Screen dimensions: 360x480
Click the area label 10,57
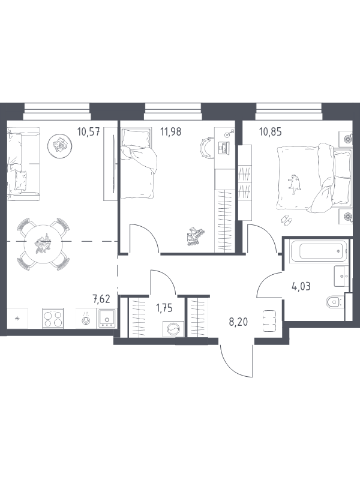pyautogui.click(x=89, y=132)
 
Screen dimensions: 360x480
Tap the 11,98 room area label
pyautogui.click(x=171, y=132)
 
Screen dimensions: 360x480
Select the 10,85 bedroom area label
pyautogui.click(x=271, y=132)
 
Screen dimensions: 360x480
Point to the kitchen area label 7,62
pyautogui.click(x=101, y=298)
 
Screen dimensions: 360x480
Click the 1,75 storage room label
pyautogui.click(x=164, y=308)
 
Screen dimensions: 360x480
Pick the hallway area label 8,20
pyautogui.click(x=238, y=322)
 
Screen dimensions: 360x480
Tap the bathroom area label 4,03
pyautogui.click(x=301, y=287)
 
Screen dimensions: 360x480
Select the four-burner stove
pyautogui.click(x=53, y=319)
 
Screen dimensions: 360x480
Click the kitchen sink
pyautogui.click(x=107, y=319)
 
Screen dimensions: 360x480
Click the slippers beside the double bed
pyautogui.click(x=287, y=220)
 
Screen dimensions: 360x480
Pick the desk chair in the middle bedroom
pyautogui.click(x=208, y=146)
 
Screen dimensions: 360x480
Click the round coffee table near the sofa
pyautogui.click(x=59, y=146)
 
